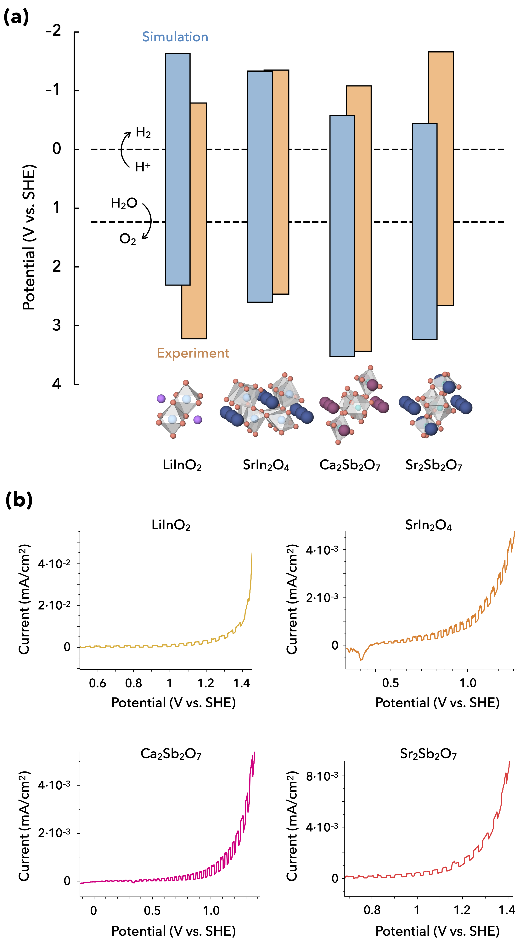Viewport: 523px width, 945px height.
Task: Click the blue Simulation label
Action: (175, 37)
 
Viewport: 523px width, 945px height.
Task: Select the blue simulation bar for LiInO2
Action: (178, 169)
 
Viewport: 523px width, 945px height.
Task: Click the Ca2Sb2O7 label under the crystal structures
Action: (350, 465)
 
